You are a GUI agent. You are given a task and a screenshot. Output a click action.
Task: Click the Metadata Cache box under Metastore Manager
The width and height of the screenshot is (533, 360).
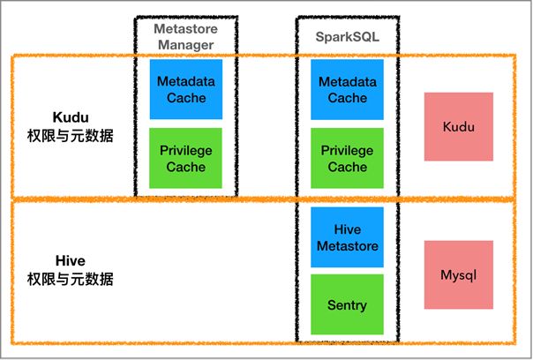[186, 89]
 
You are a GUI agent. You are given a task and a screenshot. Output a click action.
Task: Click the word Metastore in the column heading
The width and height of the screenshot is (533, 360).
[186, 28]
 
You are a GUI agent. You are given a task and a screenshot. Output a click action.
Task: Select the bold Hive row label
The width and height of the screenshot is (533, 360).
[71, 262]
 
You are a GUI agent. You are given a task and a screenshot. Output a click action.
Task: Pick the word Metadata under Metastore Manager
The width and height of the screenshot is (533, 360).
[186, 81]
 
